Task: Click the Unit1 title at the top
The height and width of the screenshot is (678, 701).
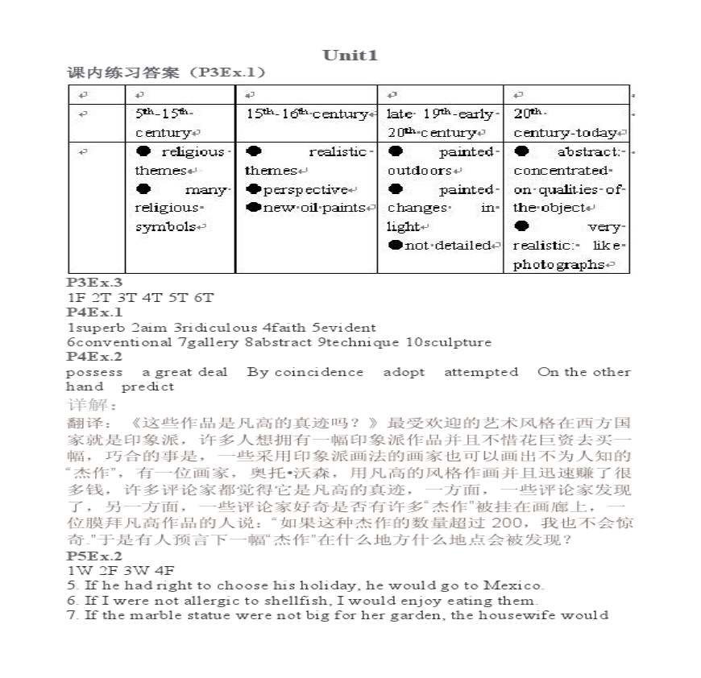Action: coord(350,55)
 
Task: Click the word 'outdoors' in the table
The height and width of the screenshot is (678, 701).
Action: coord(420,171)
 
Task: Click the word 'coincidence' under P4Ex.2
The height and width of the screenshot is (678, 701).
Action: coord(318,372)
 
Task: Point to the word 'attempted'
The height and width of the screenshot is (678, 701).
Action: coord(481,372)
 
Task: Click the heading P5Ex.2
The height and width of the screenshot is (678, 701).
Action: coord(94,556)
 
